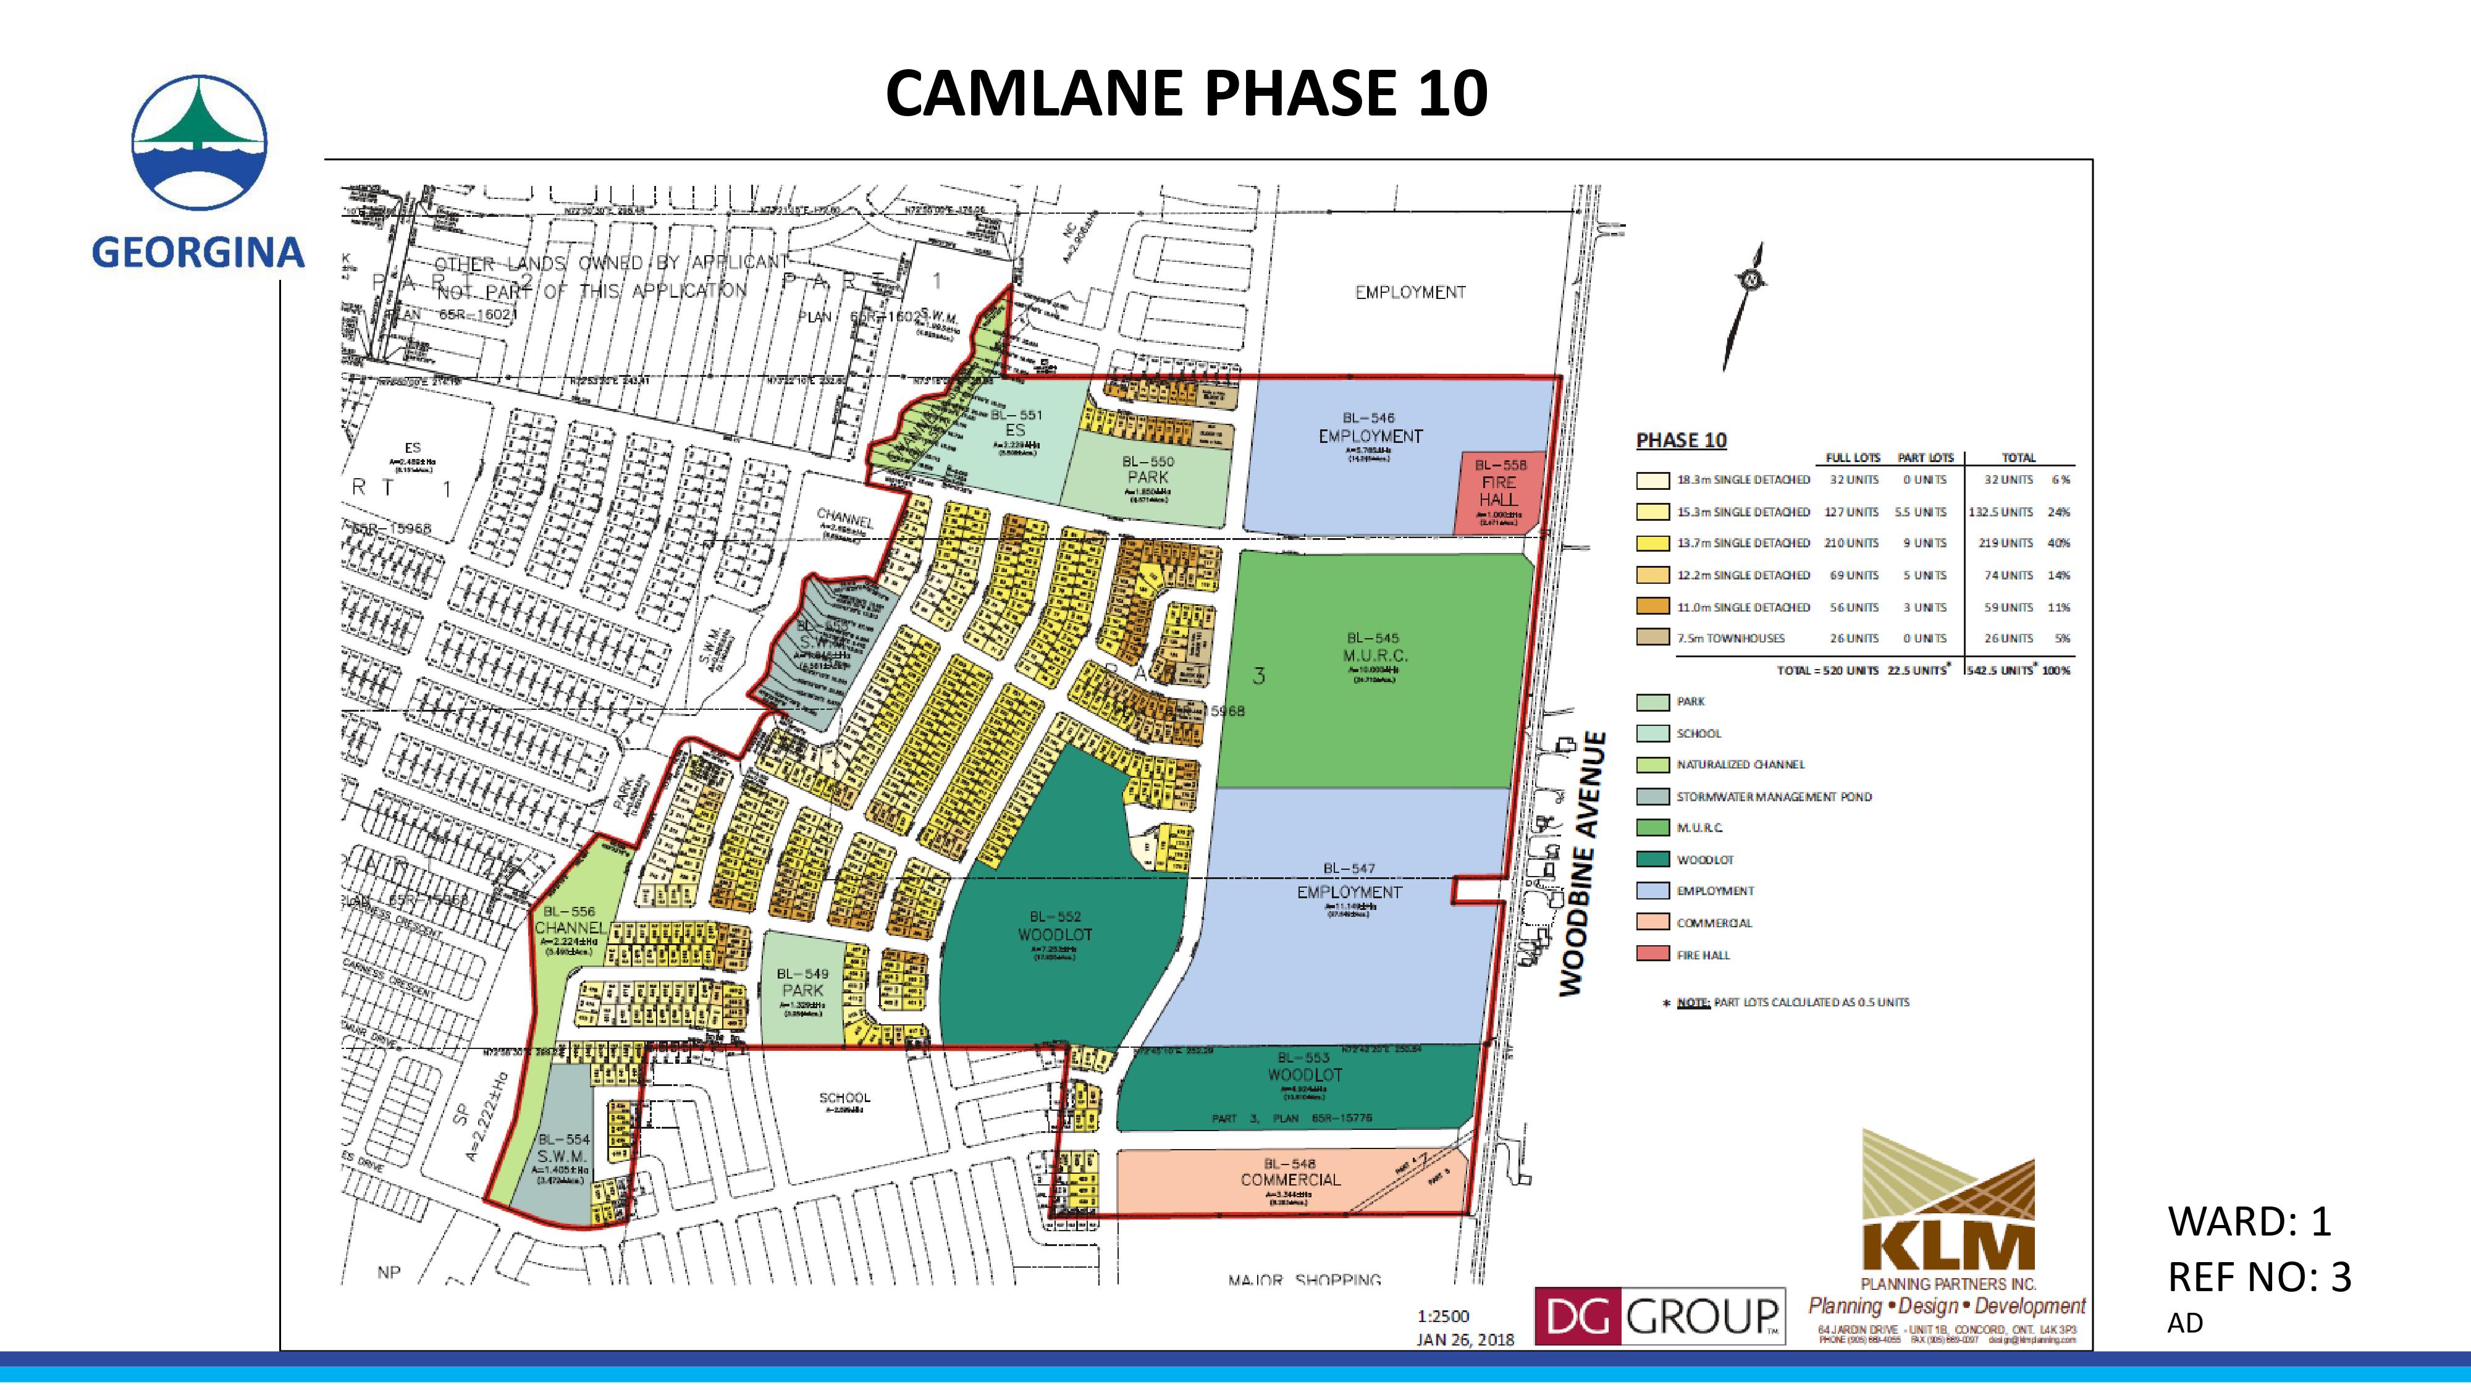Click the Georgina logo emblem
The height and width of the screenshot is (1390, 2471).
(200, 142)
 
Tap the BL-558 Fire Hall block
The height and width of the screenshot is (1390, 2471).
(1499, 492)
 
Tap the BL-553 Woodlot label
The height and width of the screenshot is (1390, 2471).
(1305, 1067)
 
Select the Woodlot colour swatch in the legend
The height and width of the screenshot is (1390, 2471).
(1652, 859)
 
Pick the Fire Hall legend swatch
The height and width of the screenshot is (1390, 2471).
(1652, 954)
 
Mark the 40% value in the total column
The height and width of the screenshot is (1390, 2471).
(2058, 543)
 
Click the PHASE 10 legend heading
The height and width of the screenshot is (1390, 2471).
(1680, 440)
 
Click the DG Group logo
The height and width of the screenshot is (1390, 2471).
(1659, 1316)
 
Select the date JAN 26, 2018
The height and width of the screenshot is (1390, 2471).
(1465, 1339)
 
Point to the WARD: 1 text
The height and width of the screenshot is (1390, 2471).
(2249, 1221)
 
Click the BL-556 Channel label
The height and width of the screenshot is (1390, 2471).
(570, 920)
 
